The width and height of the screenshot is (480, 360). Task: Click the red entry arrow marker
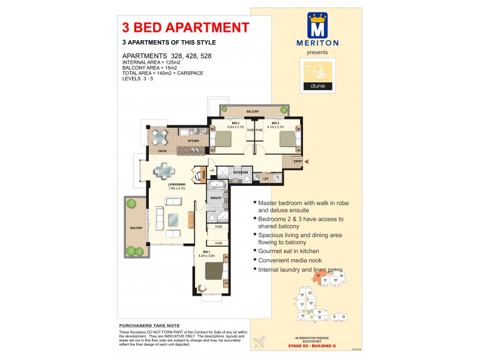(x=308, y=161)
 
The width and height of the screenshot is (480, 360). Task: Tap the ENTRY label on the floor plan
(x=298, y=161)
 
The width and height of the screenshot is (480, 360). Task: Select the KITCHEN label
(x=193, y=141)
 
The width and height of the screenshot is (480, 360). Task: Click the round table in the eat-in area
(x=160, y=137)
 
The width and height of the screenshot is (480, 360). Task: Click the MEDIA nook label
(x=203, y=175)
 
